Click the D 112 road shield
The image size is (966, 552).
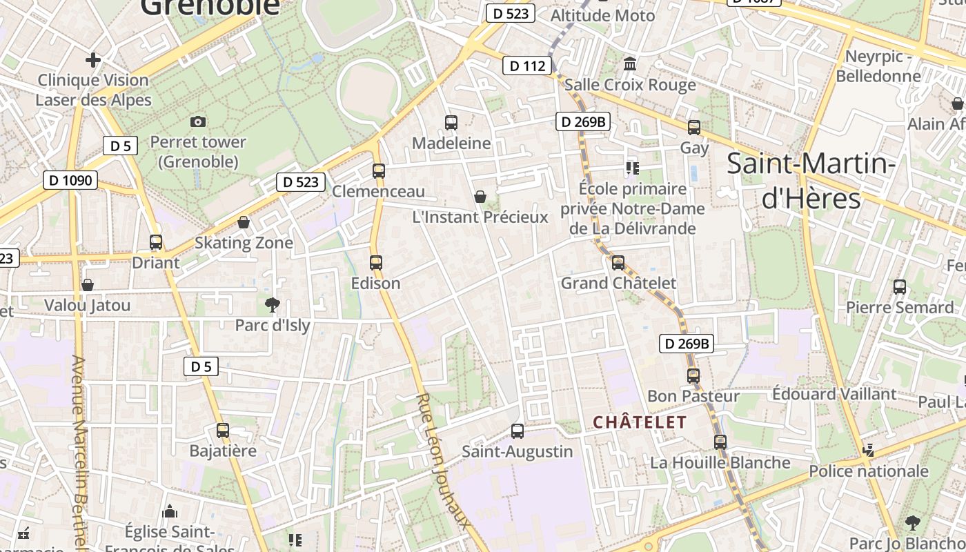[528, 66]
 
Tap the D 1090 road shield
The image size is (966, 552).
[70, 180]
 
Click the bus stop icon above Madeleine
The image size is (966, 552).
[451, 123]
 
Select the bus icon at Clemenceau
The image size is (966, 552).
[379, 170]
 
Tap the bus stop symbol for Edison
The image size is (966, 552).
[376, 263]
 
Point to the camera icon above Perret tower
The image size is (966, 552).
[198, 121]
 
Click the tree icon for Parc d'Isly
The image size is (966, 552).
[273, 304]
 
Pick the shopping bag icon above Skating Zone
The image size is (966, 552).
[244, 222]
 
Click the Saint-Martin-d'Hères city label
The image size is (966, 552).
[811, 181]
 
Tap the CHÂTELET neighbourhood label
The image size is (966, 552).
[640, 422]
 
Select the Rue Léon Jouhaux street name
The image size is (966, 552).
[444, 460]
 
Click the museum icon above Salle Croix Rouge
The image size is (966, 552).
[630, 64]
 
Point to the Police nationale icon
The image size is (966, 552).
[868, 451]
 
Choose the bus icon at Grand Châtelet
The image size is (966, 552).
[618, 263]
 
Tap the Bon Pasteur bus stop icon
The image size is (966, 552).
[693, 376]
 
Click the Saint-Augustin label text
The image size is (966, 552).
[517, 451]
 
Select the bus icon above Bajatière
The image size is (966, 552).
[223, 431]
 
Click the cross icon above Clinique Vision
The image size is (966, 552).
[93, 60]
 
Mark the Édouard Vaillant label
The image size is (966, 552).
[834, 394]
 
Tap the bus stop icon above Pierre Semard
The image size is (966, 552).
[900, 287]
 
